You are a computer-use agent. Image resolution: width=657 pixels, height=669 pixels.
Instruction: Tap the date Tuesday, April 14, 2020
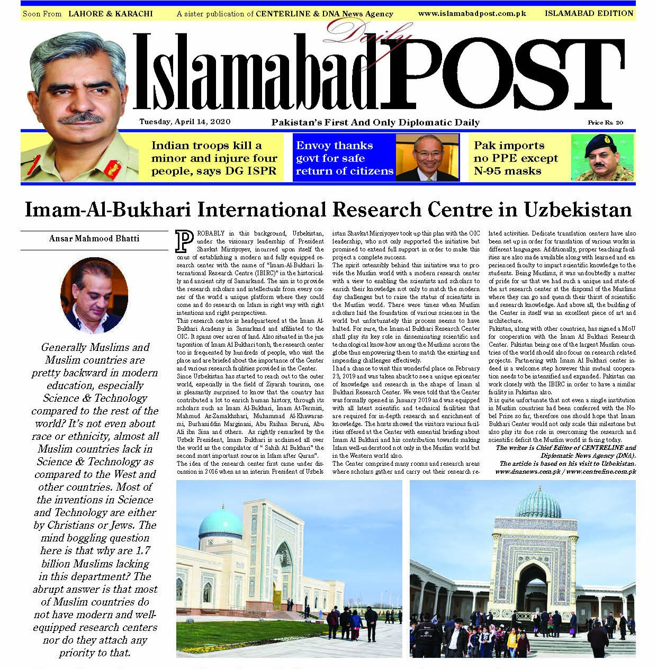tap(185, 122)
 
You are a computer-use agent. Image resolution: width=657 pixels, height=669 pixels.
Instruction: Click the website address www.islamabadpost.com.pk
tap(472, 13)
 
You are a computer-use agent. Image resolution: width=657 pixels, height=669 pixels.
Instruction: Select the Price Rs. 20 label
tap(605, 123)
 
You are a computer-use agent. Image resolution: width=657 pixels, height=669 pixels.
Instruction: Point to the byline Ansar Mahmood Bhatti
tap(94, 239)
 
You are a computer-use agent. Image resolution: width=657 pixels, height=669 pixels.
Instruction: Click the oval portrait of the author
tap(94, 295)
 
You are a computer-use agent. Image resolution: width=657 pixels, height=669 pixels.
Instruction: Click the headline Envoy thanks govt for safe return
tap(345, 158)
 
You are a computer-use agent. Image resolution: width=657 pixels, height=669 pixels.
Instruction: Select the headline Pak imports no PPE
tap(515, 158)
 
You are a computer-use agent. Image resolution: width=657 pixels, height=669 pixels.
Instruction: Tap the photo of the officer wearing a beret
tap(602, 157)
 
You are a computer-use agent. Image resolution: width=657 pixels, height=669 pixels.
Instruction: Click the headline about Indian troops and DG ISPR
tap(214, 158)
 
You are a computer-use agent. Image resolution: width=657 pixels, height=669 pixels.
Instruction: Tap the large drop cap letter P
tap(184, 240)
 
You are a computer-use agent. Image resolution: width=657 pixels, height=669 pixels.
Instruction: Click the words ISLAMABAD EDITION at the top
tap(589, 13)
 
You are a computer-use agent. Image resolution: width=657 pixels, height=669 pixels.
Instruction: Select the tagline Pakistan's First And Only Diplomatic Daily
tap(375, 122)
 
